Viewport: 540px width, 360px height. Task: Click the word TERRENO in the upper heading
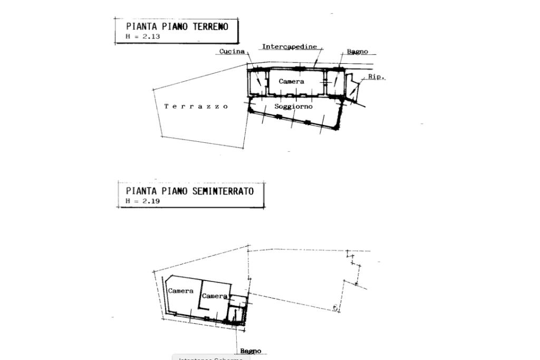tap(211, 26)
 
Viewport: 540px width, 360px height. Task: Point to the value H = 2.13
tap(143, 37)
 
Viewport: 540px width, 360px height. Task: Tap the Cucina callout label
tap(232, 52)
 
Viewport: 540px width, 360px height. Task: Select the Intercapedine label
tap(290, 47)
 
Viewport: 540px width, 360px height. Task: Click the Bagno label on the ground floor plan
tap(358, 52)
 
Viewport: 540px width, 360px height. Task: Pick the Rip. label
tap(376, 77)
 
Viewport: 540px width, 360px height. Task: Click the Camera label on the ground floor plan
tap(291, 82)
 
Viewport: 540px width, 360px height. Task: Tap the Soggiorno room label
tap(293, 106)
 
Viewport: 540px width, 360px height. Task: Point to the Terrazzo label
tap(196, 106)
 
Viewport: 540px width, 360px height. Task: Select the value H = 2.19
tap(143, 201)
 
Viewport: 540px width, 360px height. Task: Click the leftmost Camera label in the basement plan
tap(180, 291)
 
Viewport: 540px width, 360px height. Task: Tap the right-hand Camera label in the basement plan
tap(215, 296)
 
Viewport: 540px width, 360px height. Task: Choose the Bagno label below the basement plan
tap(250, 351)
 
